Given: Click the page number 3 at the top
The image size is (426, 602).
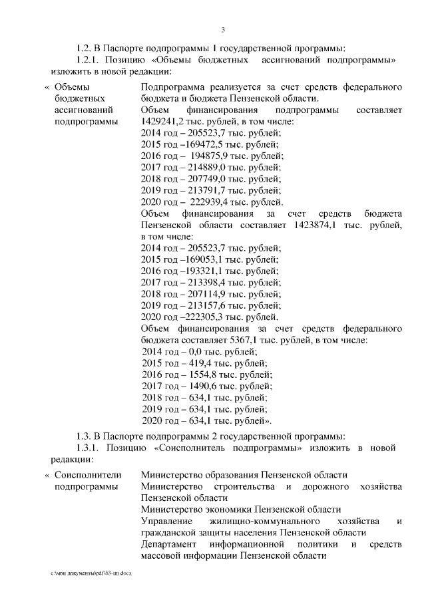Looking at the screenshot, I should (x=223, y=30).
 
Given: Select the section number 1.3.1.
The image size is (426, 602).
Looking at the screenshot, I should (x=90, y=448).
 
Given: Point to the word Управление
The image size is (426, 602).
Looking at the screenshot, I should (x=166, y=521).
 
